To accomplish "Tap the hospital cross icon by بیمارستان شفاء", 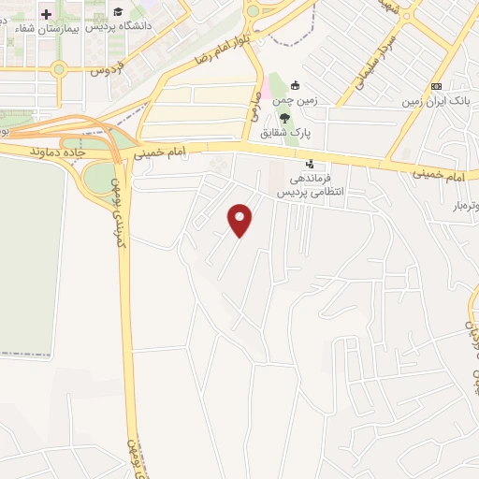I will pos(45,14).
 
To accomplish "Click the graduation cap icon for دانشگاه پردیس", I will pos(118,11).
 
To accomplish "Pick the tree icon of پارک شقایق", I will pos(284,117).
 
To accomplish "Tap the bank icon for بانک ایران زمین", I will pos(435,85).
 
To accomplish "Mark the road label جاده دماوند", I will pos(58,150).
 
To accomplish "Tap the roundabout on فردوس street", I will pos(59,68).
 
